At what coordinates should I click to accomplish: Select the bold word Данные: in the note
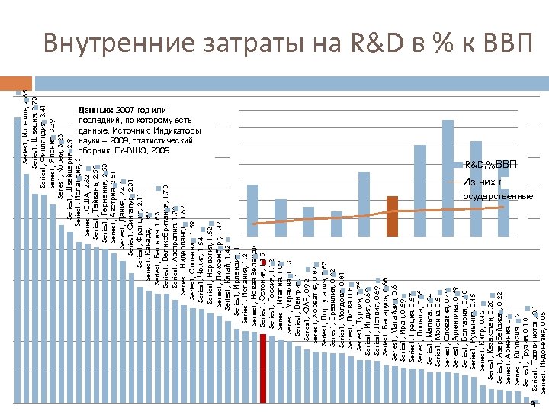point(95,110)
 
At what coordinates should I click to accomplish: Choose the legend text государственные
point(496,196)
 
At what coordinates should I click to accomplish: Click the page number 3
point(535,406)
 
